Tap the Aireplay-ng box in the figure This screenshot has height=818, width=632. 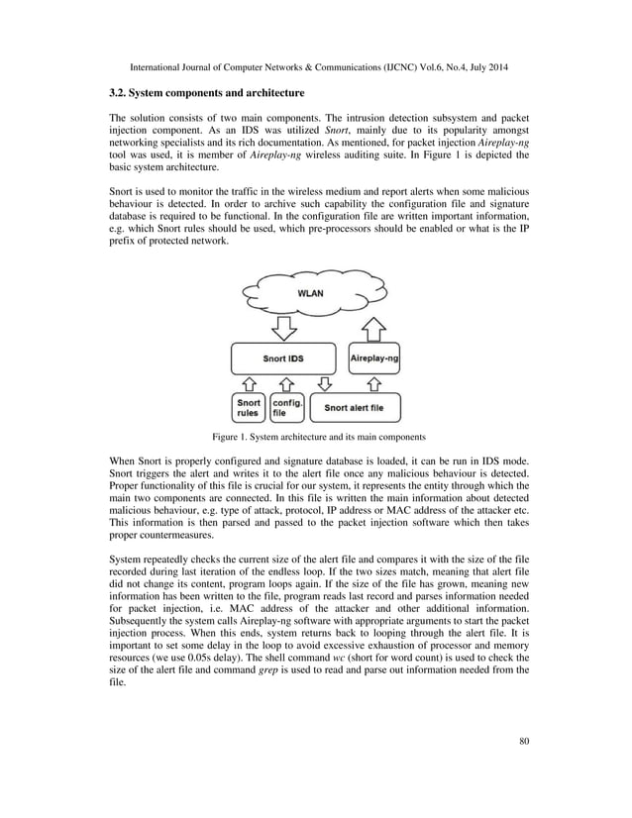coord(374,358)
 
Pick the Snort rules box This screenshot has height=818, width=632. coord(249,408)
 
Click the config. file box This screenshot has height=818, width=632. coord(287,408)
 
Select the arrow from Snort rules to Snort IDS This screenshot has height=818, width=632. coord(249,384)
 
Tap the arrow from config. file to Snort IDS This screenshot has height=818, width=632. coord(287,384)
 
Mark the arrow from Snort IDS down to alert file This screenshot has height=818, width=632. coord(324,384)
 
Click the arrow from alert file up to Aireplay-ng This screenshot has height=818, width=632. coord(374,384)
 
